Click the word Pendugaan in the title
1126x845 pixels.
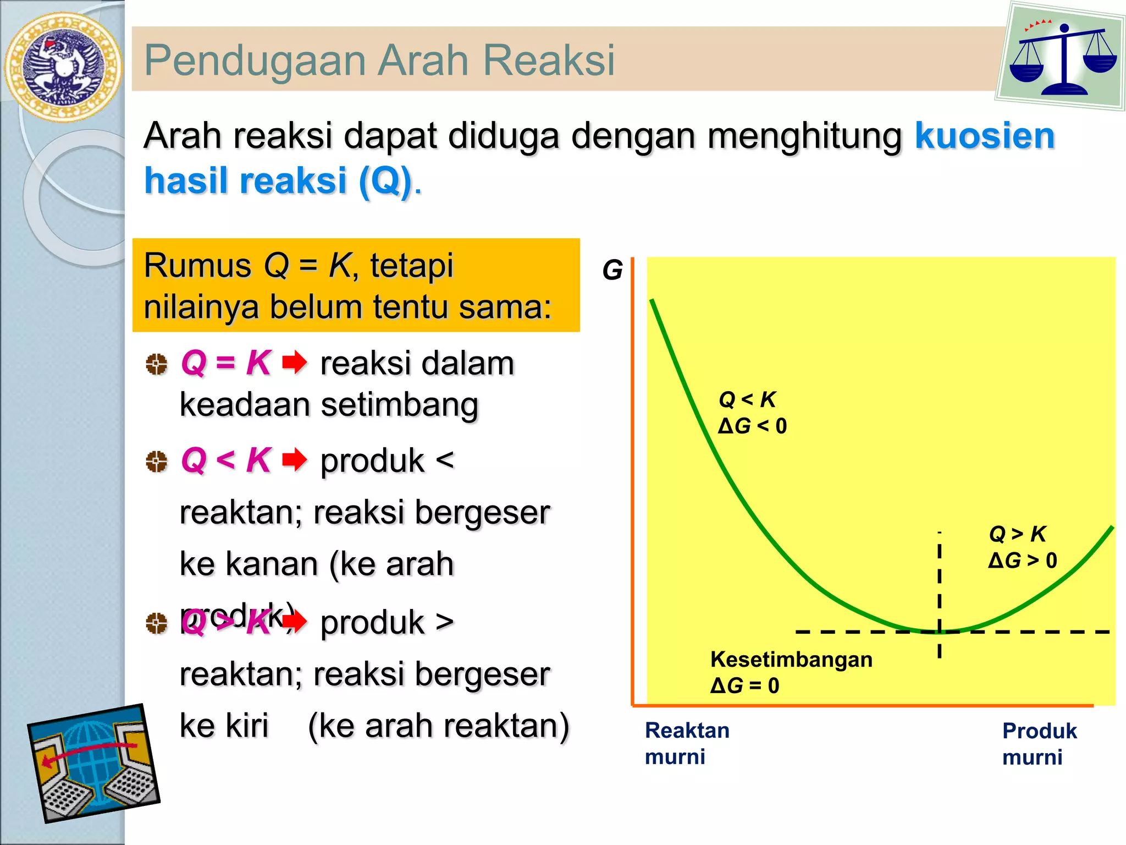point(254,61)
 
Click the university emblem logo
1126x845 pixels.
point(63,66)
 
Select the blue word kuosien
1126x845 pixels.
point(984,136)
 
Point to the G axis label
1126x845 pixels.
point(612,271)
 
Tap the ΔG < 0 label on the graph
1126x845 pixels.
point(752,426)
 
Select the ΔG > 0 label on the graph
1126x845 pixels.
point(1022,561)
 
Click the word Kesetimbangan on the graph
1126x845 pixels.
point(791,659)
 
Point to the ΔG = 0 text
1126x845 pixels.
point(744,685)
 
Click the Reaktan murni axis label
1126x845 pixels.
point(687,743)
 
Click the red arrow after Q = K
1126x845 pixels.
point(295,363)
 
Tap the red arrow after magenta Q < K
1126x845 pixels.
point(295,460)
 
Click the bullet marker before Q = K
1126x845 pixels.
point(157,364)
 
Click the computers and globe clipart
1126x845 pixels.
point(93,764)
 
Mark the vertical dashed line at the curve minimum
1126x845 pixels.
point(940,594)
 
